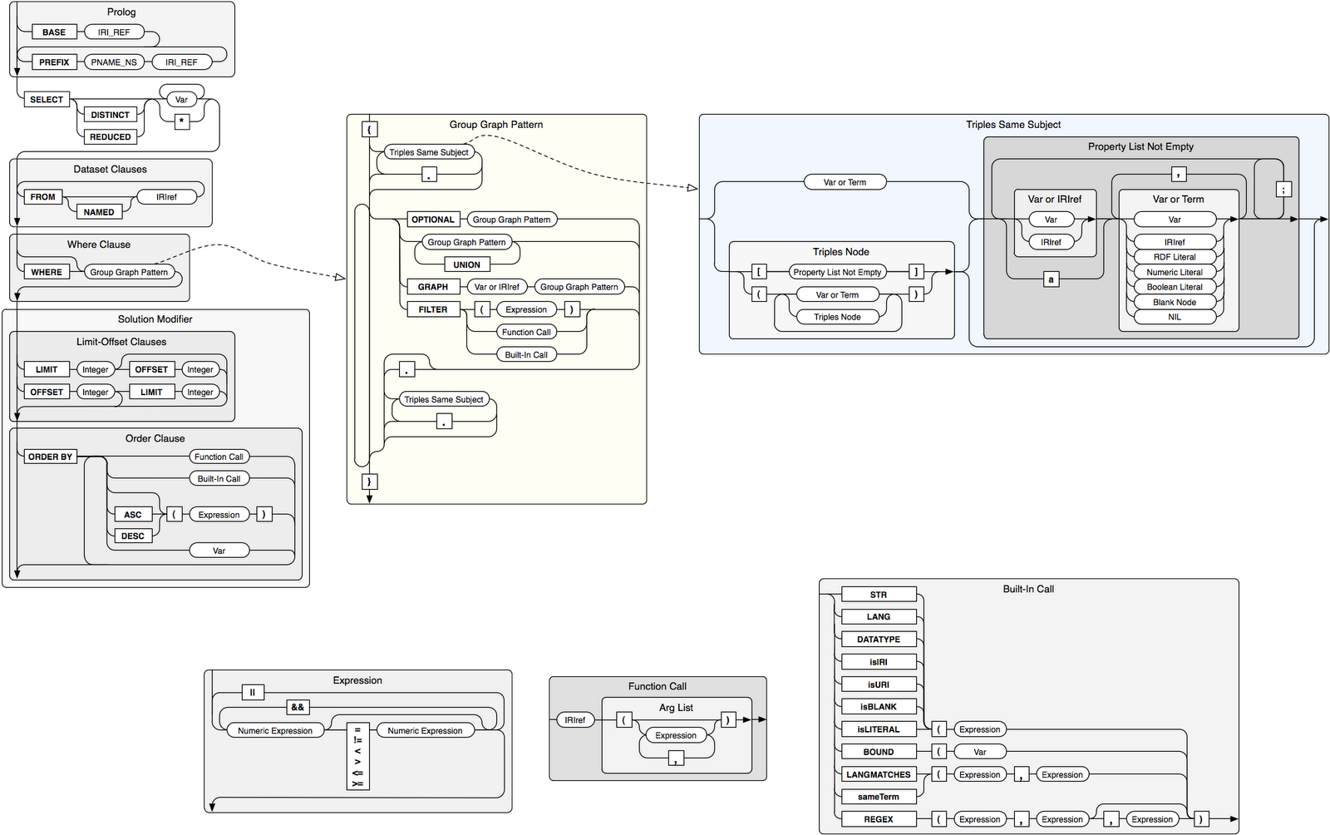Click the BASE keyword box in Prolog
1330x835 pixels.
tap(54, 32)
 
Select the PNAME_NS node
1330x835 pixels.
tap(114, 62)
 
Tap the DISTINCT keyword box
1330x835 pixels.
tap(110, 115)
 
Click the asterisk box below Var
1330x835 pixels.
tap(182, 121)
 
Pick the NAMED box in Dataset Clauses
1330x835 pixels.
tap(99, 212)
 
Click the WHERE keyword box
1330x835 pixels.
tap(47, 272)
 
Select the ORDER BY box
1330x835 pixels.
tap(50, 457)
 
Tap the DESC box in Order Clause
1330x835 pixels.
tap(133, 536)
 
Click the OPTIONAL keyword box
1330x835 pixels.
tap(432, 220)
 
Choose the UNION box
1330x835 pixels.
tap(466, 264)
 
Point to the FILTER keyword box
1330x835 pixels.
tap(432, 309)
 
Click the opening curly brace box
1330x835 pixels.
tap(370, 129)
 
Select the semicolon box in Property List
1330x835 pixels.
tap(1283, 190)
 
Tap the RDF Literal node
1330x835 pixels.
tap(1175, 257)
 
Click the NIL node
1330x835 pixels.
tap(1175, 317)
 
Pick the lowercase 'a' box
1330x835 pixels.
tap(1051, 279)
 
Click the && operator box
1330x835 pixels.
tap(297, 708)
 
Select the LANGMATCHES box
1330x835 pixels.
tap(879, 774)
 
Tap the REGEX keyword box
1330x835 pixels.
tap(879, 819)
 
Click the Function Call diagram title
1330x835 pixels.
tap(657, 686)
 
